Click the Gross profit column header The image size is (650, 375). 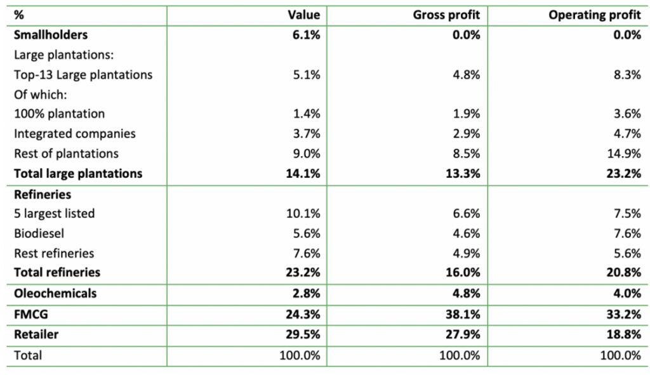446,15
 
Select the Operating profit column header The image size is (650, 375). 595,15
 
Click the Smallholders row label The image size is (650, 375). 51,35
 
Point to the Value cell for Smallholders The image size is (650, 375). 308,35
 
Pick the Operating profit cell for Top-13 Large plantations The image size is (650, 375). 628,74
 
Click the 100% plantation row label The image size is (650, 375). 59,114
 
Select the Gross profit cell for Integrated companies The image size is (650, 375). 467,133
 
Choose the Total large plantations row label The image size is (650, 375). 78,173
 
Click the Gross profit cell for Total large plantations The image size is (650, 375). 464,173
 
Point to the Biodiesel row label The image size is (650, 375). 39,233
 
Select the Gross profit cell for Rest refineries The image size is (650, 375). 467,253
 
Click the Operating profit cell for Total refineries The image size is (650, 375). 624,272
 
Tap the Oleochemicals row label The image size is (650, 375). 55,293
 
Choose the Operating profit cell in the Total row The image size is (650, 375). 621,355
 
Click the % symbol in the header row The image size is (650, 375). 18,15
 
